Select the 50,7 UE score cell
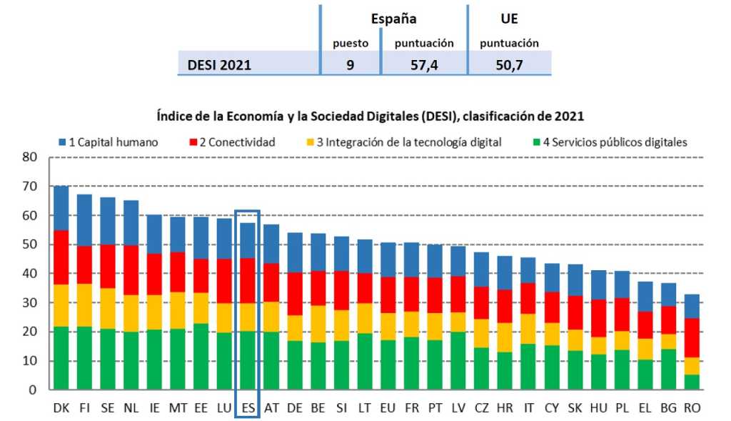click(x=509, y=65)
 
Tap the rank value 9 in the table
click(x=351, y=65)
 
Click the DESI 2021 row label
click(x=219, y=65)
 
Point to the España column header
click(x=393, y=19)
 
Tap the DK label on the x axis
click(x=61, y=407)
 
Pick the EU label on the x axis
click(x=388, y=407)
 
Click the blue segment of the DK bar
click(x=61, y=208)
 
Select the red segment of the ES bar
click(x=248, y=281)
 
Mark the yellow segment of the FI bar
click(x=85, y=305)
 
